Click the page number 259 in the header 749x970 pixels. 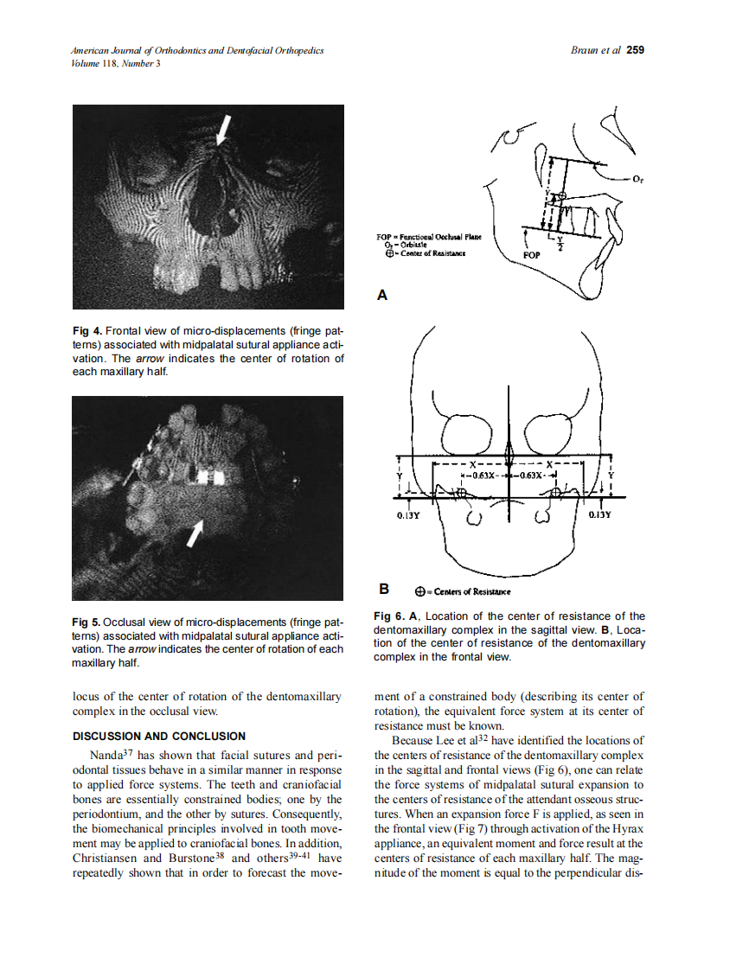coord(636,50)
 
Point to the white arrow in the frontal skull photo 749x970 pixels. coord(222,130)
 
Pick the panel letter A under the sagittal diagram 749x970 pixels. coord(382,296)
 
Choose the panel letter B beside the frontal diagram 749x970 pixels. coord(383,590)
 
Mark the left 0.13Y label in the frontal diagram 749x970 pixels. coord(408,516)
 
